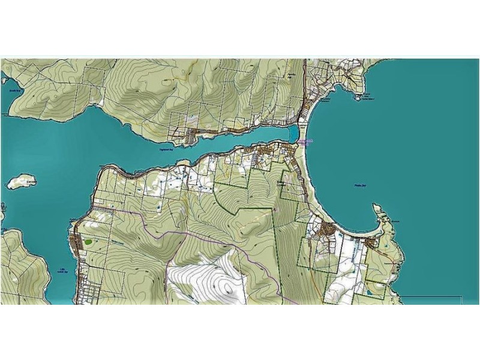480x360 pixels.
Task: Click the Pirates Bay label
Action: (x=359, y=187)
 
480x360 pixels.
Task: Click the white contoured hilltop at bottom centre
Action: (x=216, y=282)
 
